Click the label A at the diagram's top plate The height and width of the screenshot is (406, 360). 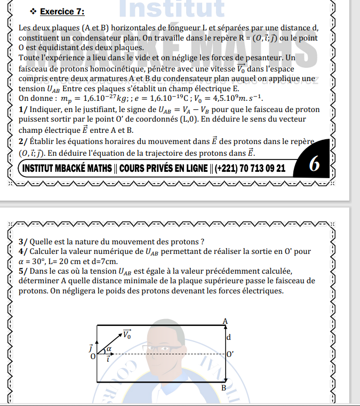tap(225, 321)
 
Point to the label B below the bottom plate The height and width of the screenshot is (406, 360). tap(224, 388)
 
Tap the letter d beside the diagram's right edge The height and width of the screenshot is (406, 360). tap(228, 337)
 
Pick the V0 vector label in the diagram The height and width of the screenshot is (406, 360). tap(126, 335)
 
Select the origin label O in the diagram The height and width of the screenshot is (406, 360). tap(93, 356)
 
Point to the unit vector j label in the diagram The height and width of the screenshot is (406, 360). tap(91, 347)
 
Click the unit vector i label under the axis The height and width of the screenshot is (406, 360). tap(109, 360)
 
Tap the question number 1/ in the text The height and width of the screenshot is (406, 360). tap(23, 109)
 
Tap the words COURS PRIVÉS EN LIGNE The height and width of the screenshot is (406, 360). tap(159, 169)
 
